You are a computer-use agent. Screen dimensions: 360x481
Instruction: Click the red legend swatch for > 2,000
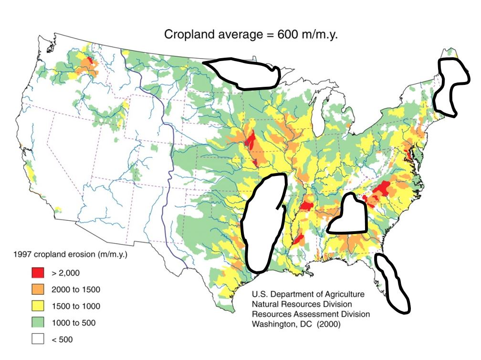tap(37, 273)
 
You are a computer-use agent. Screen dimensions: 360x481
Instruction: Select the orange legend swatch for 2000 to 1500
tap(37, 289)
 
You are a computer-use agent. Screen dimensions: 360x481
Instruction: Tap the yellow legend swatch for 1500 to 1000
tap(37, 306)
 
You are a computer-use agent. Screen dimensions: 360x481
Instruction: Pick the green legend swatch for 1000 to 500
tap(37, 323)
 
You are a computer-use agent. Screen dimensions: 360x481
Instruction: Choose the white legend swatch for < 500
tap(37, 339)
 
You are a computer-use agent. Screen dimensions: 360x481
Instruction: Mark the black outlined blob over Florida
tap(392, 284)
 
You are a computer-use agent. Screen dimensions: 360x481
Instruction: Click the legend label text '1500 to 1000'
tap(73, 306)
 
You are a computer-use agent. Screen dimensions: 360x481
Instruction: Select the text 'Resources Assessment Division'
tap(311, 315)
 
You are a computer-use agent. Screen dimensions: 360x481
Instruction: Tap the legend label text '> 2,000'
tap(65, 273)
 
